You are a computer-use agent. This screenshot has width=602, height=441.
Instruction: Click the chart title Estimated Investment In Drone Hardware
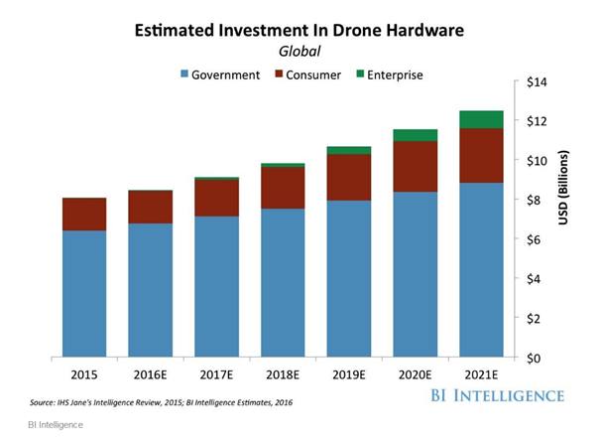click(x=301, y=32)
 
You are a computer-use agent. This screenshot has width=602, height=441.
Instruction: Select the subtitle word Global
click(x=301, y=51)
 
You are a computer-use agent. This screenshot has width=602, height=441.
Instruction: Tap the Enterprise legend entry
click(x=389, y=74)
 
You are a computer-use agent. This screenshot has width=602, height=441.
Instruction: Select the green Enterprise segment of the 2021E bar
click(x=482, y=119)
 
